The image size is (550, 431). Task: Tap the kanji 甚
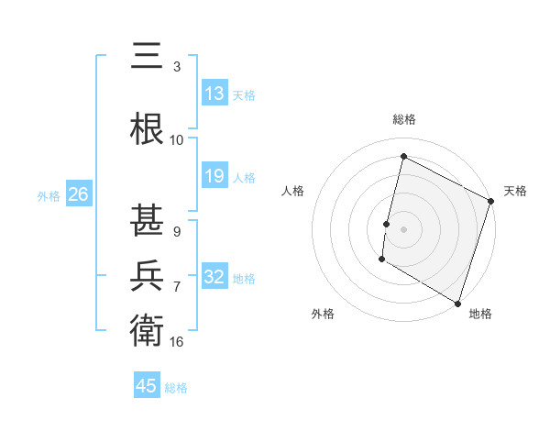pyautogui.click(x=148, y=221)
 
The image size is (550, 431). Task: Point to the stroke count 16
pyautogui.click(x=177, y=341)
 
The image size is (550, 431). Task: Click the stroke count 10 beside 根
pyautogui.click(x=177, y=140)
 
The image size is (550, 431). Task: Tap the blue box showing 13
pyautogui.click(x=214, y=93)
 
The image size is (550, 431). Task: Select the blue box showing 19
pyautogui.click(x=214, y=176)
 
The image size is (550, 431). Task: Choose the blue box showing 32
pyautogui.click(x=214, y=277)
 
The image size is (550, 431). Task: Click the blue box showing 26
pyautogui.click(x=78, y=194)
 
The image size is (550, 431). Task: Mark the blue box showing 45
pyautogui.click(x=147, y=386)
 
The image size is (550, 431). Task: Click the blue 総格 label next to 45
pyautogui.click(x=176, y=388)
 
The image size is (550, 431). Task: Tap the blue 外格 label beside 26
pyautogui.click(x=49, y=195)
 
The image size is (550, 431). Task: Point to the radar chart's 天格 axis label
pyautogui.click(x=515, y=191)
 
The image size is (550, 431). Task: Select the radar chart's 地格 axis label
pyautogui.click(x=480, y=314)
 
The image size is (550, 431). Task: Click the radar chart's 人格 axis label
pyautogui.click(x=292, y=191)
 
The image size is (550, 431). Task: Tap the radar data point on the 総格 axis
pyautogui.click(x=403, y=157)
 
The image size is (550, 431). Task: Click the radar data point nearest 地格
pyautogui.click(x=457, y=303)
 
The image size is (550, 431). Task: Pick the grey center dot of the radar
pyautogui.click(x=403, y=229)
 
